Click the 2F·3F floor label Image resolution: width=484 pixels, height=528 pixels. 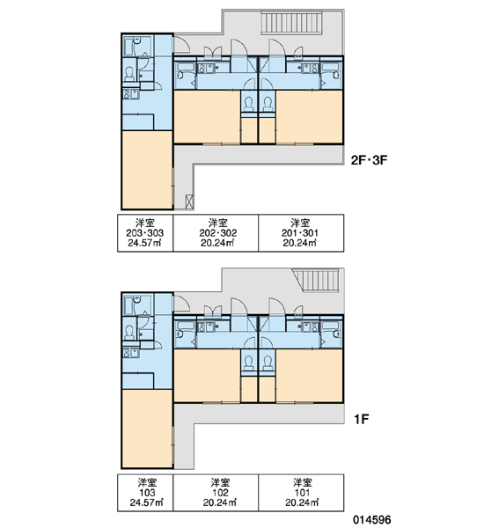click(369, 160)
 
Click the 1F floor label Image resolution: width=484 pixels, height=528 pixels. click(362, 419)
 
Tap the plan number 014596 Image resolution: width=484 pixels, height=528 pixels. click(372, 519)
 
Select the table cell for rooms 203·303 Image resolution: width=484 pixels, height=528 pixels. click(145, 232)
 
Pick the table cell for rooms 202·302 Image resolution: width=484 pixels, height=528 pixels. click(216, 232)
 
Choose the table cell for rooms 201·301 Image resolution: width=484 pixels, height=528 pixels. click(301, 232)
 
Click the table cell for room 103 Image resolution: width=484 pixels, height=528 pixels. click(145, 493)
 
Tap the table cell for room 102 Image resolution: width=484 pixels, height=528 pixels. click(216, 493)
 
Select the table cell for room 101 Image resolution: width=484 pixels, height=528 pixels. click(301, 493)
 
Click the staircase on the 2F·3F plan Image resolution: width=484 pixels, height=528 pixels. click(291, 23)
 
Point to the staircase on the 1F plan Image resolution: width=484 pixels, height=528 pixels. click(316, 280)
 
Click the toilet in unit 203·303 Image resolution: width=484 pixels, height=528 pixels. click(129, 74)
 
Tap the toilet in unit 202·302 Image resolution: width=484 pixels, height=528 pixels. click(249, 104)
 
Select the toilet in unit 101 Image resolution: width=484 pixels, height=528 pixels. click(268, 363)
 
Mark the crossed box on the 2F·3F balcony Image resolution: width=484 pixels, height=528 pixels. click(189, 202)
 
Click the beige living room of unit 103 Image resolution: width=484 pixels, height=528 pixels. click(147, 429)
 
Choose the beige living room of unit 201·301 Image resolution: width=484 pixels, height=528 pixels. click(309, 116)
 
